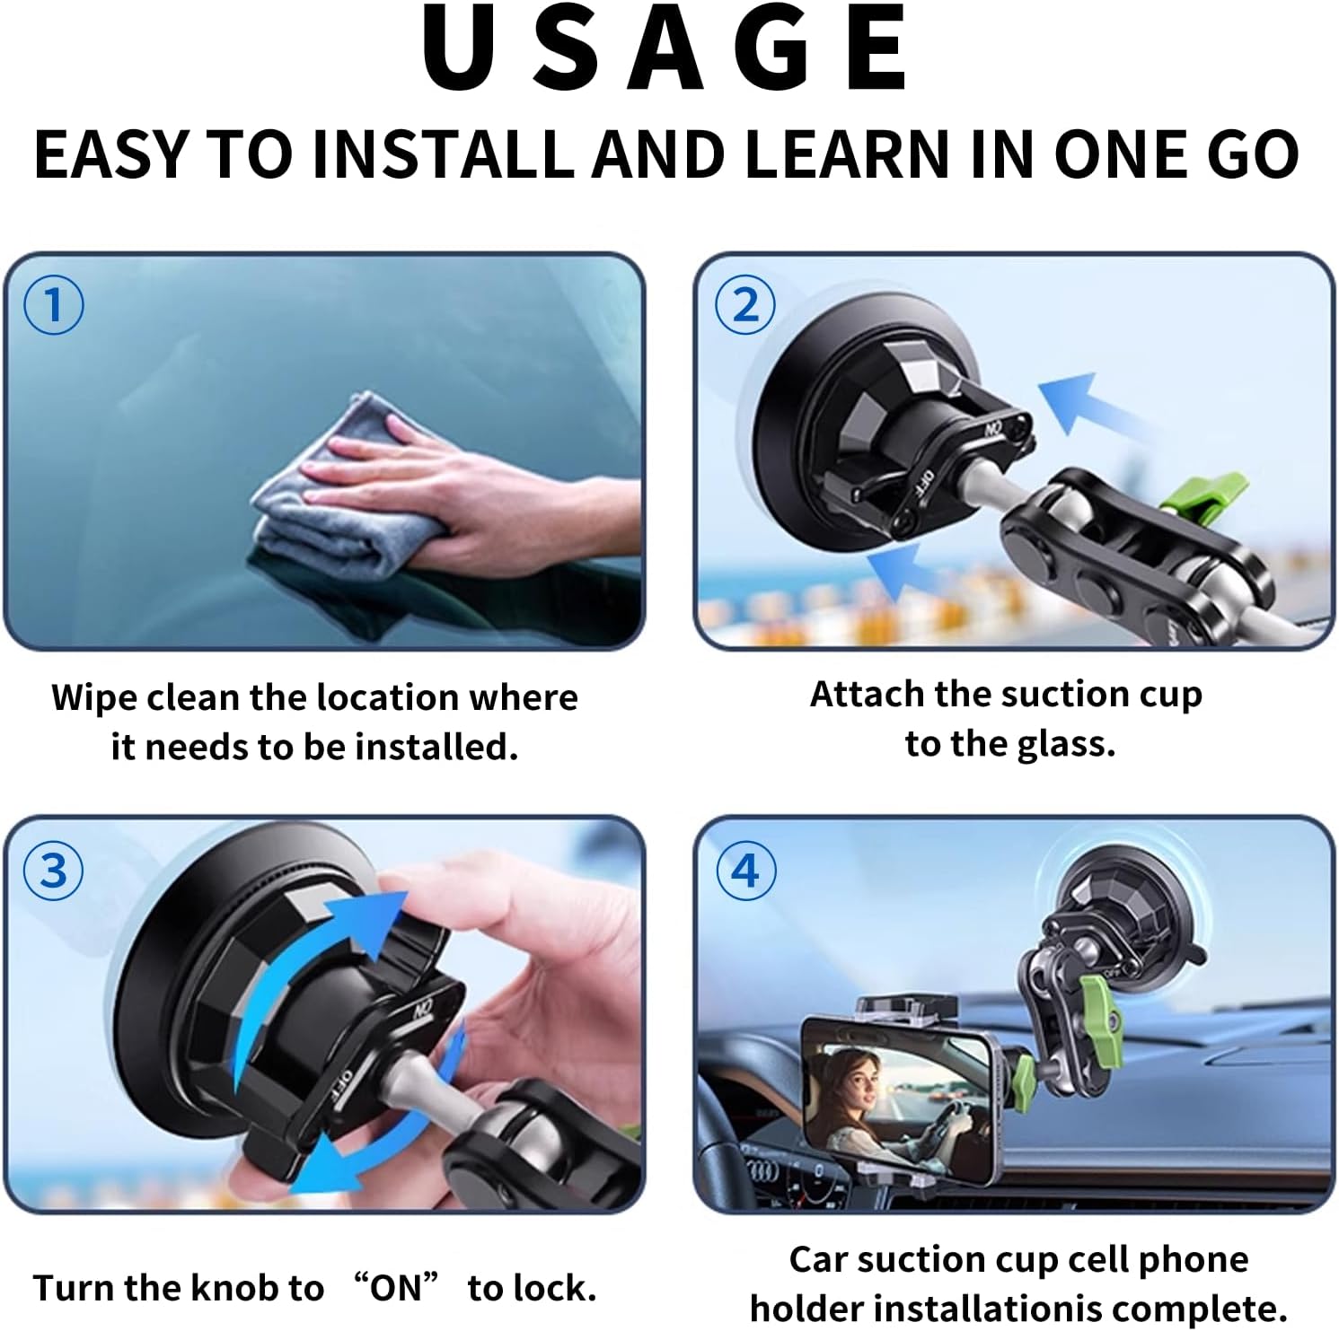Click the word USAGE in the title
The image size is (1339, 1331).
coord(665,50)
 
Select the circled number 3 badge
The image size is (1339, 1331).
coord(54,871)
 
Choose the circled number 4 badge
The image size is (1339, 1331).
coord(745,871)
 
